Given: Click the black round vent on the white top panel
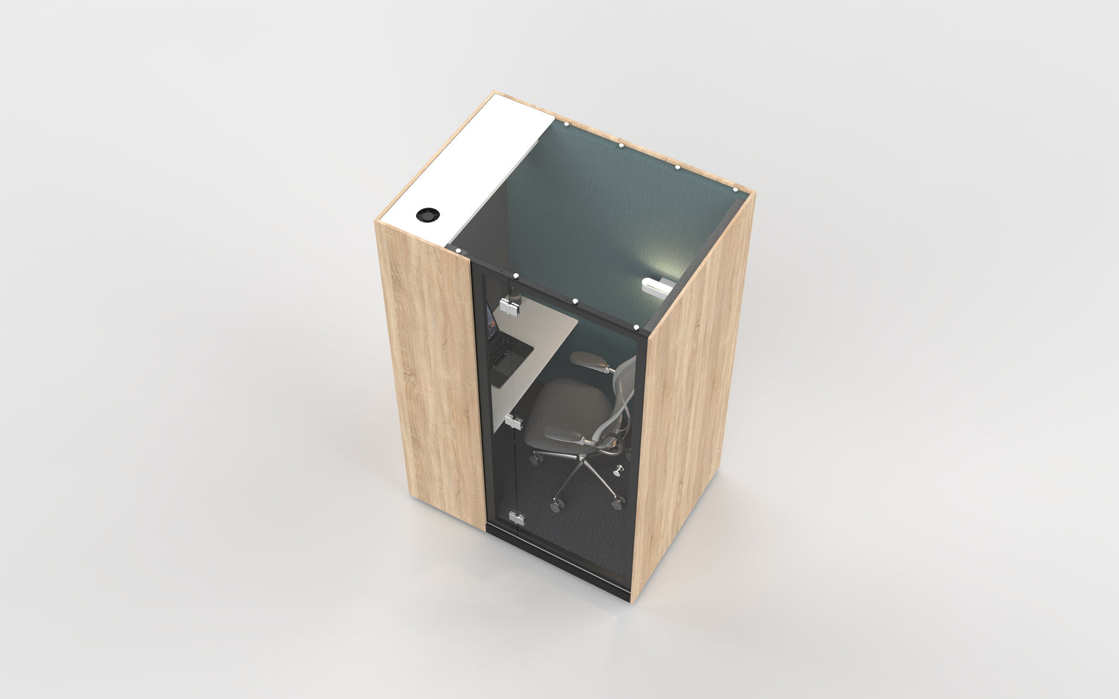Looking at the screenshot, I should pyautogui.click(x=426, y=214).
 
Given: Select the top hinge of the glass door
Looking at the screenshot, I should pyautogui.click(x=510, y=306).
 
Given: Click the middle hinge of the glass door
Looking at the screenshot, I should pyautogui.click(x=512, y=422).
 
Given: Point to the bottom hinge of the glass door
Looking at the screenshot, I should pyautogui.click(x=515, y=518).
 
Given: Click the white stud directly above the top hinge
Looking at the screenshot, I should pyautogui.click(x=515, y=275).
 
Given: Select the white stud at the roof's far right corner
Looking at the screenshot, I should pyautogui.click(x=735, y=189).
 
